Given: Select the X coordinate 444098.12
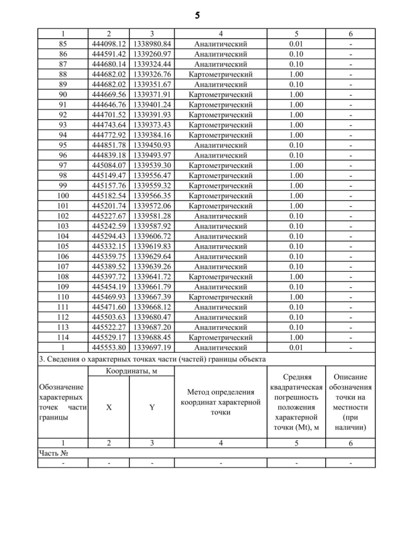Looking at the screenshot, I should (x=109, y=44).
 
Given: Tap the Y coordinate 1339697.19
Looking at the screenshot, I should (x=152, y=348).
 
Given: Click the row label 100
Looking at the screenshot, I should (x=63, y=196).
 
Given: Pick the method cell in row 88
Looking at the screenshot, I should (x=220, y=75).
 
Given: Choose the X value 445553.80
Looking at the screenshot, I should (x=109, y=348).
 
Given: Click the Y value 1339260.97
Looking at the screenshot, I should (x=152, y=54).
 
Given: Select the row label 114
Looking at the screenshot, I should (x=63, y=338).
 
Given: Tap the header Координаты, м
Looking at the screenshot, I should (x=131, y=371).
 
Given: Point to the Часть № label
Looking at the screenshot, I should (x=53, y=453).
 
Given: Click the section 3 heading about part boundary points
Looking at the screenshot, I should (x=152, y=359).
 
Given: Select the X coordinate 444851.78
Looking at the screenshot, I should (x=109, y=145).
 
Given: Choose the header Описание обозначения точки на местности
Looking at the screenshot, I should (x=351, y=401).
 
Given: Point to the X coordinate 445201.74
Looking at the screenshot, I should (x=109, y=206).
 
